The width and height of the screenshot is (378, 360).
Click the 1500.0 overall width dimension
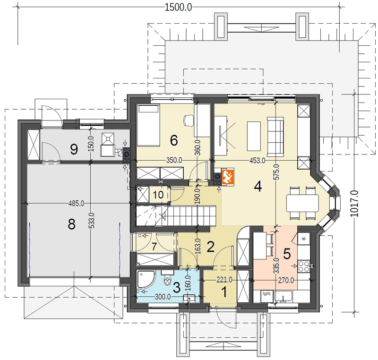(x=179, y=8)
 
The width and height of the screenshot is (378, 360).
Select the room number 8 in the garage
(x=72, y=224)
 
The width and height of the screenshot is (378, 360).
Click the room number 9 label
(x=74, y=149)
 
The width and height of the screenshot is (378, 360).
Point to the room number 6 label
(x=174, y=140)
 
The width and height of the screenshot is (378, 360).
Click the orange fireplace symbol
(x=227, y=177)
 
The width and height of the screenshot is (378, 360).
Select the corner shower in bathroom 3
(x=146, y=279)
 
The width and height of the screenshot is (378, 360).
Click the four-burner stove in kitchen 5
(x=304, y=266)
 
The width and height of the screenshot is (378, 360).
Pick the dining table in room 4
(x=302, y=203)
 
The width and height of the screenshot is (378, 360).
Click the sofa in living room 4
(x=275, y=137)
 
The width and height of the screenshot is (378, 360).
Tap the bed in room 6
(x=148, y=125)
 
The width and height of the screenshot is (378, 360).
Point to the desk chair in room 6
(x=189, y=120)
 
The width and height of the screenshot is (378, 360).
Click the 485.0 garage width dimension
(x=76, y=204)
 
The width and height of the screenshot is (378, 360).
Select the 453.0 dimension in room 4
(x=257, y=161)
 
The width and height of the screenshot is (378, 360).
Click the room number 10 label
(x=158, y=195)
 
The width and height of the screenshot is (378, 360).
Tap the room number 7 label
(x=154, y=247)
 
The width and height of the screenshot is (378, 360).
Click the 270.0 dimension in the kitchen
(x=286, y=280)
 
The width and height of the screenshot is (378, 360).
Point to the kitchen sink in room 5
(x=283, y=296)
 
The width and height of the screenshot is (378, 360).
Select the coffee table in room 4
(x=254, y=136)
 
